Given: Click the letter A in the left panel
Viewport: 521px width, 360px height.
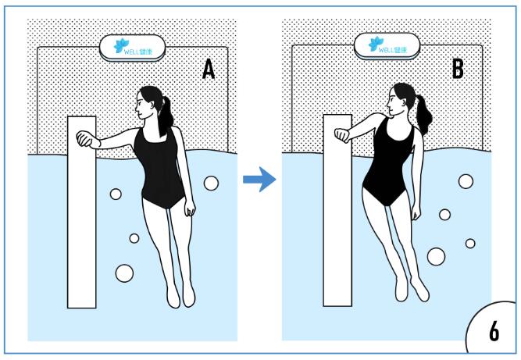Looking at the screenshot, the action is click(209, 69).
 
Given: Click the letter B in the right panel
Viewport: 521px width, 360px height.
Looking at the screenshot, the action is click(458, 68).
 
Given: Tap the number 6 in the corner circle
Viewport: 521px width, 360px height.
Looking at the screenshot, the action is click(494, 331).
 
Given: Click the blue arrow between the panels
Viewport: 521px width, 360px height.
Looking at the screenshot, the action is click(259, 180).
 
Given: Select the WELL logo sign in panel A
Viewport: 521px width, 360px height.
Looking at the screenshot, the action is click(132, 48).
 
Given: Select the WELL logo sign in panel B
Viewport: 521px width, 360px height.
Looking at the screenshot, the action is click(387, 46).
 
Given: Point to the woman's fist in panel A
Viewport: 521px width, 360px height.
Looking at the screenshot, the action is click(84, 139).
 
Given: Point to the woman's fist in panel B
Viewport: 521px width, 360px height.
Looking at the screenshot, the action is click(342, 135).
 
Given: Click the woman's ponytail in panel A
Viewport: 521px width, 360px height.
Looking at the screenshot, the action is click(165, 116).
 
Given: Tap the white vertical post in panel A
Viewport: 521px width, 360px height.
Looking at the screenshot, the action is click(82, 212).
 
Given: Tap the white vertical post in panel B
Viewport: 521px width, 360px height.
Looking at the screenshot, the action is click(337, 210).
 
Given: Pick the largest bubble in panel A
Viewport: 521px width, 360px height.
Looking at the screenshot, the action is click(124, 273).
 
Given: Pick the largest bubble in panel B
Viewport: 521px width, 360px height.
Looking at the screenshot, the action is click(436, 256).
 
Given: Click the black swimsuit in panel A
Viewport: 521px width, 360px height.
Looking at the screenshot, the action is click(159, 168).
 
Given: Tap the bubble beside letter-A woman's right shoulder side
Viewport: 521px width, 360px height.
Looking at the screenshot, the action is click(211, 184).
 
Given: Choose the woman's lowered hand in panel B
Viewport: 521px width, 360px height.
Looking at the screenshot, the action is click(416, 212).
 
